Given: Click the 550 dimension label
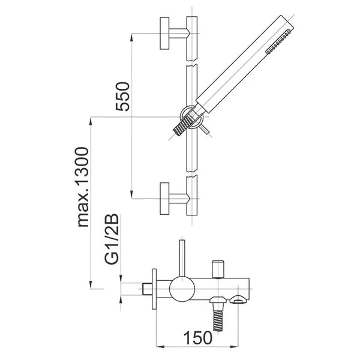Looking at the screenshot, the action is [x=123, y=97].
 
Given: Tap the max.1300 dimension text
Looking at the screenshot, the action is [x=83, y=187].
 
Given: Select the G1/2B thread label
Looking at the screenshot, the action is [x=112, y=239].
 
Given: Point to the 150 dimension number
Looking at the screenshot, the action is [x=198, y=338].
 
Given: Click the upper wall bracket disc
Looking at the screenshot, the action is [x=164, y=33].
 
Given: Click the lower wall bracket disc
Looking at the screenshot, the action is [x=164, y=199].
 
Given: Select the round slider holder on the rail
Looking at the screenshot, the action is [x=191, y=117].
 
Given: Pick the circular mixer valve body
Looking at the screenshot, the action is [x=182, y=289].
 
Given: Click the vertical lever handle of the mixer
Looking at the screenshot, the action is [x=182, y=258].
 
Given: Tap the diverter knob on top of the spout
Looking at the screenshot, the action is [x=218, y=269].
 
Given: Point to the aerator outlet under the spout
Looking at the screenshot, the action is [x=239, y=299].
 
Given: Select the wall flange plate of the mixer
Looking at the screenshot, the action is [x=154, y=289].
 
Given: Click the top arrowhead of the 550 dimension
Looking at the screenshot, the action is [x=131, y=38].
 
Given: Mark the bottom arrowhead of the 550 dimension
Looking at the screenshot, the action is [x=131, y=194].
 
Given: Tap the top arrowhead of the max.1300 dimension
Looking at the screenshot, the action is [x=91, y=121].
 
